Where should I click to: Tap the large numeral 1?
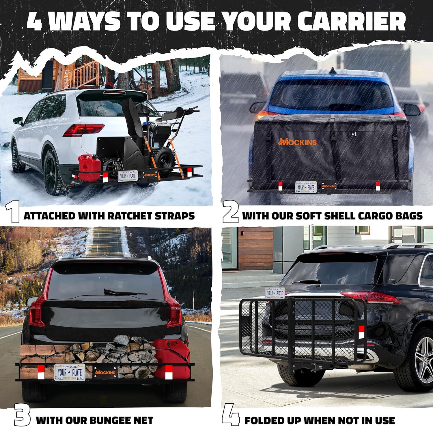(12, 215)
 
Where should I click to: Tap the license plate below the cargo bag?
(306, 187)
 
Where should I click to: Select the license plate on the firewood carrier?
(69, 372)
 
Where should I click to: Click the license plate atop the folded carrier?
(275, 293)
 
